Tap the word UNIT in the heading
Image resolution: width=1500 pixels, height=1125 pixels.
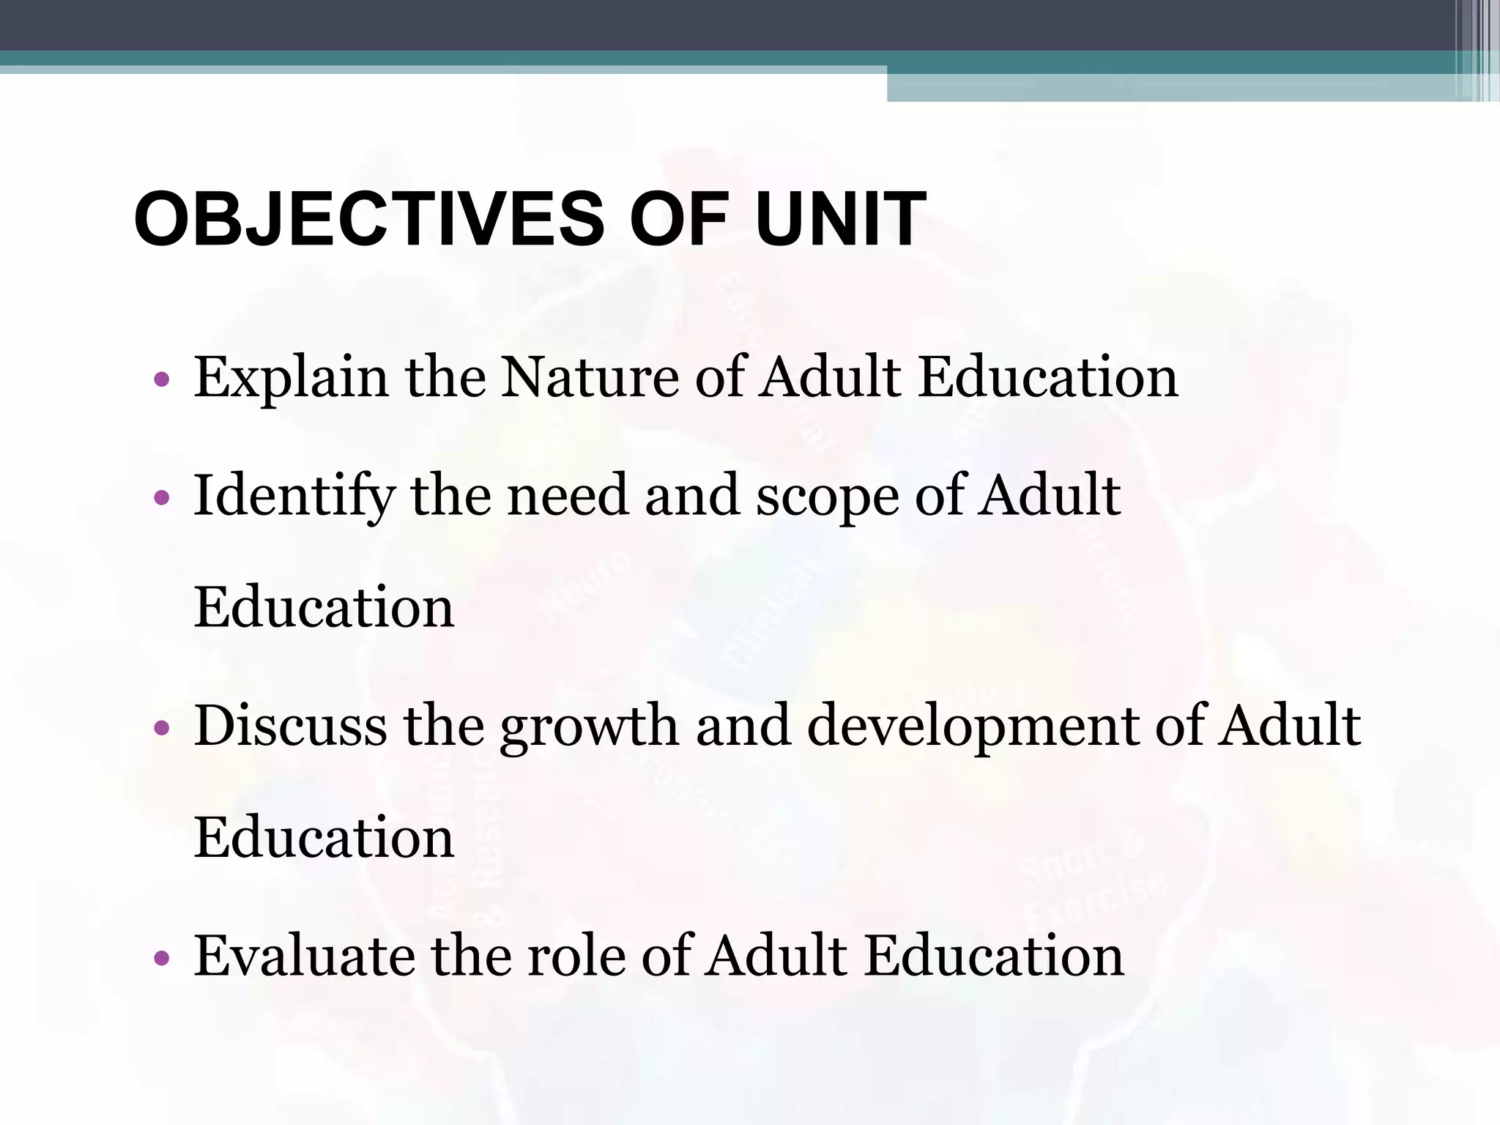coord(841,220)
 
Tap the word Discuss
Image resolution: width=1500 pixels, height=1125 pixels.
coord(290,727)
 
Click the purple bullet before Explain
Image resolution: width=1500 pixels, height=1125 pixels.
coord(162,380)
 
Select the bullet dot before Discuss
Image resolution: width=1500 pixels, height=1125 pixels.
coord(162,729)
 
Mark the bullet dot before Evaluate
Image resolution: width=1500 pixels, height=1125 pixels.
coord(162,959)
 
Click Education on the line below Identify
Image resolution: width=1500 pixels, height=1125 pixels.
coord(324,608)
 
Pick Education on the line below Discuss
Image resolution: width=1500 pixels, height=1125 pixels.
coord(324,838)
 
